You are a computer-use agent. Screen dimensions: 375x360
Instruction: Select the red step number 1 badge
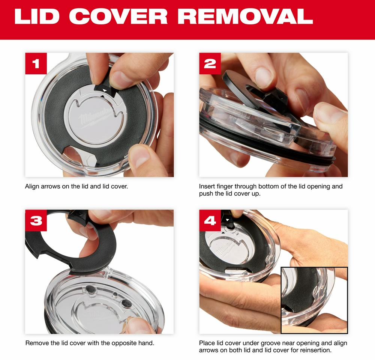click(x=36, y=63)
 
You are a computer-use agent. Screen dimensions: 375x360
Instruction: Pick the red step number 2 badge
click(x=210, y=63)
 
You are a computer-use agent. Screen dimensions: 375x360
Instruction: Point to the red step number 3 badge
click(x=36, y=220)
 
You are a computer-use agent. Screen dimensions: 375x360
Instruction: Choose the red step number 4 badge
click(x=210, y=220)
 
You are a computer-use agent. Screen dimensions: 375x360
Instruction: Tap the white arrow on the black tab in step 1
click(x=105, y=90)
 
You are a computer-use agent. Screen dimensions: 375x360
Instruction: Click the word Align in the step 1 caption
click(x=32, y=186)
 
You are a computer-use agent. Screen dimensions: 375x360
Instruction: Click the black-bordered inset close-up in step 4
click(x=314, y=300)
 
